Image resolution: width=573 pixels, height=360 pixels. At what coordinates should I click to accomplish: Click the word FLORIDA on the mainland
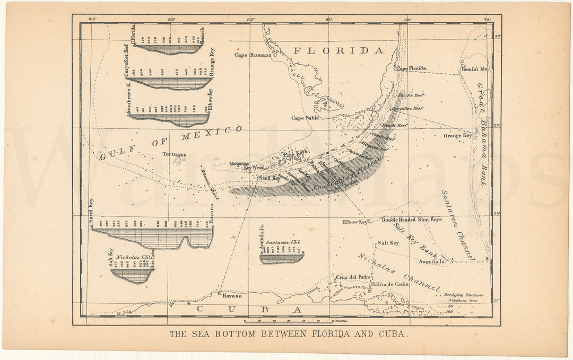[338, 51]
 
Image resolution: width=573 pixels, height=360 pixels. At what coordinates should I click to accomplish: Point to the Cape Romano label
[253, 55]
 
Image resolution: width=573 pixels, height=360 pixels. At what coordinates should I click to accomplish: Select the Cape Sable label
[305, 118]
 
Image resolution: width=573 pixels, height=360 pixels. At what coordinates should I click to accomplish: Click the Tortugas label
[174, 154]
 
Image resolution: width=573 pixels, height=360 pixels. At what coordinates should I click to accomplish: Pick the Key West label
[254, 168]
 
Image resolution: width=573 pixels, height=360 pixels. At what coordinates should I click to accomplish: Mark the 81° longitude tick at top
[329, 20]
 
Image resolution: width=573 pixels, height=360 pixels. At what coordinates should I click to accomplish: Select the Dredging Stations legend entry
[464, 295]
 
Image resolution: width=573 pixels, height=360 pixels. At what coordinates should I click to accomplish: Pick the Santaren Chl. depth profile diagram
[282, 258]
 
